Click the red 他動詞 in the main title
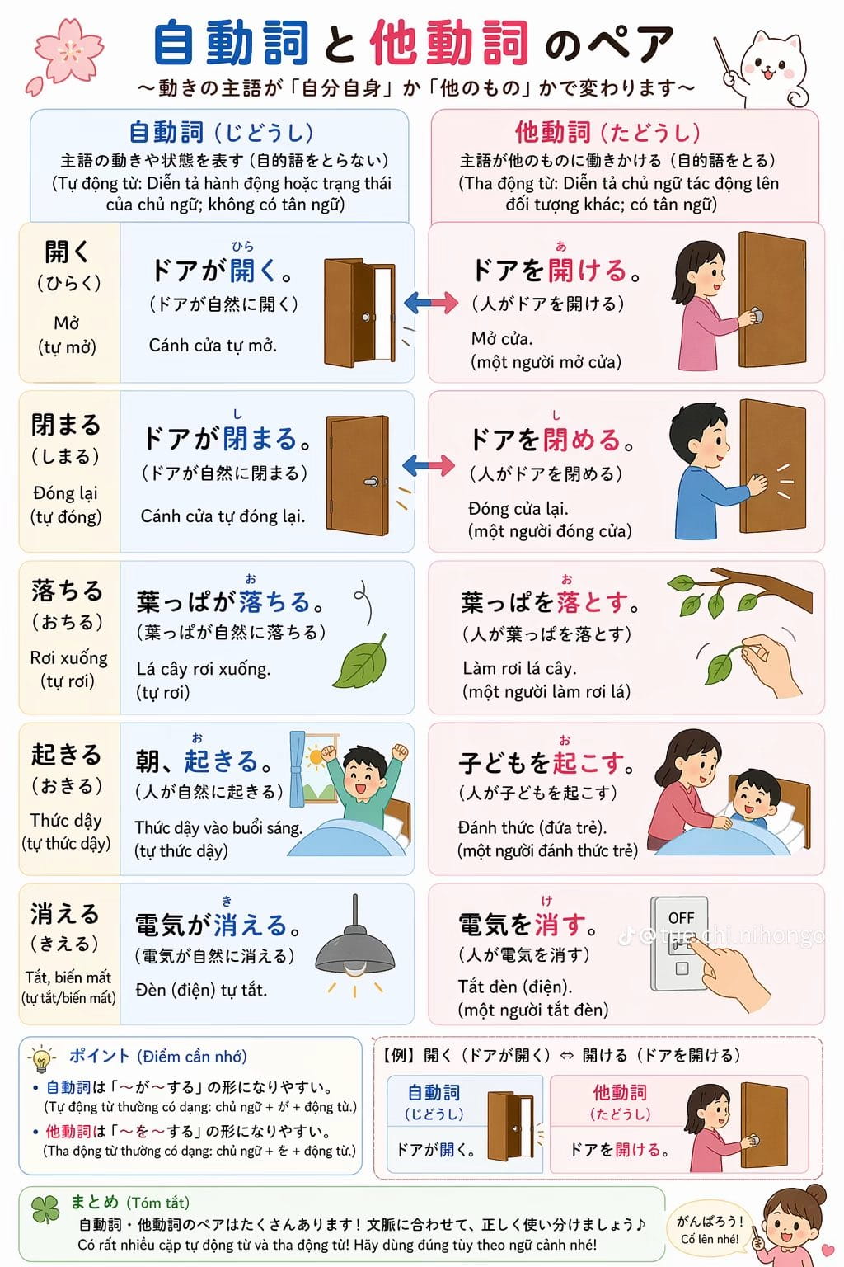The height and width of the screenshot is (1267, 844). [x=450, y=42]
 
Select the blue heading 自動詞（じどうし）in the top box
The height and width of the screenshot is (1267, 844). [x=221, y=132]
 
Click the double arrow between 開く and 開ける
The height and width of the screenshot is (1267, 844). [x=431, y=303]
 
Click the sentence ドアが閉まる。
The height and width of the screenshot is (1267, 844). [x=227, y=439]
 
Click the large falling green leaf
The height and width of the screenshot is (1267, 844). [x=361, y=662]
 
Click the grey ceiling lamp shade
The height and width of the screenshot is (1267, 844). [x=355, y=951]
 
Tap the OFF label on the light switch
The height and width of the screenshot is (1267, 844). [x=681, y=918]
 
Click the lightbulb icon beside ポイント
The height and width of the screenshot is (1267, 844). [x=41, y=1059]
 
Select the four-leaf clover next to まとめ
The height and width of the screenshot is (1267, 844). [x=45, y=1210]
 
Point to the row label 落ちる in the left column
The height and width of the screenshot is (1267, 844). [x=68, y=591]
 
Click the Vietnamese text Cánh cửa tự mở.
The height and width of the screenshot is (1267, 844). [x=213, y=345]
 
